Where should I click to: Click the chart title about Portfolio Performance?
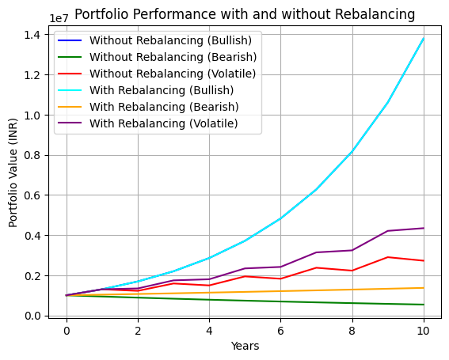245,14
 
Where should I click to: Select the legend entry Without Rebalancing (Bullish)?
171,40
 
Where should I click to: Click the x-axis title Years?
245,346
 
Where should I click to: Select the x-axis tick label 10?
424,330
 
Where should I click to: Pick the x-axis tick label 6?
281,330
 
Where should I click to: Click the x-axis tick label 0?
67,330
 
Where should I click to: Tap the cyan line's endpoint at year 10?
424,38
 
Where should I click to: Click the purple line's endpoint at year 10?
424,228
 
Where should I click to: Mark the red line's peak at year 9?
388,257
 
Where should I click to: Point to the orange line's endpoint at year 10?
424,288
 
